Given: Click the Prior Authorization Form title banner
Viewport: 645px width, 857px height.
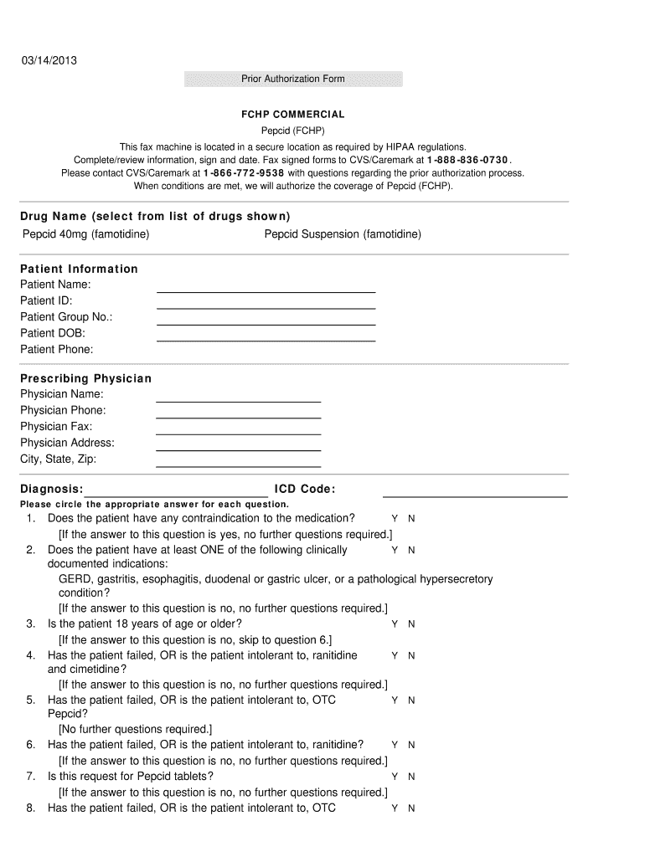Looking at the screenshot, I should pyautogui.click(x=293, y=79).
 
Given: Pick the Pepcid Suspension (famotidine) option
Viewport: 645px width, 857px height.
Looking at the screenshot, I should pyautogui.click(x=343, y=234).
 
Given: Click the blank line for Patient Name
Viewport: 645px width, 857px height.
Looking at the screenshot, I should pyautogui.click(x=266, y=290).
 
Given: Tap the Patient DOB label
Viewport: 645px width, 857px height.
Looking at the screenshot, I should pyautogui.click(x=53, y=333).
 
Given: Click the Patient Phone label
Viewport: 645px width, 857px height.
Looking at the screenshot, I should pyautogui.click(x=57, y=349).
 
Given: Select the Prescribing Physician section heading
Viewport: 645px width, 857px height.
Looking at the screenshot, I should pyautogui.click(x=86, y=378).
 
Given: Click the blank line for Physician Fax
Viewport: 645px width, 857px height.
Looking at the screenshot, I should pyautogui.click(x=239, y=433).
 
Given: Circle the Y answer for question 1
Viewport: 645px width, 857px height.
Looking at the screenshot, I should pyautogui.click(x=395, y=519).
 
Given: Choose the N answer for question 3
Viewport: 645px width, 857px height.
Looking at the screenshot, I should pyautogui.click(x=411, y=624).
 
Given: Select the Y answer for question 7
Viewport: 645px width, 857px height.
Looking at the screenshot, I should pyautogui.click(x=395, y=777).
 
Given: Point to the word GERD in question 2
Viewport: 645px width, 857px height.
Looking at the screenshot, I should pyautogui.click(x=73, y=579).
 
